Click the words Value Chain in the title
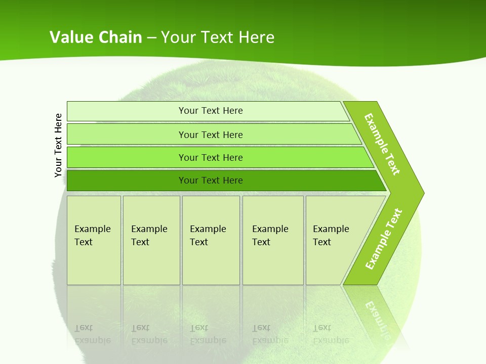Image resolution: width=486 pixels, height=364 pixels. (96, 37)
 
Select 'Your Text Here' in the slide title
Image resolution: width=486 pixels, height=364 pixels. (218, 37)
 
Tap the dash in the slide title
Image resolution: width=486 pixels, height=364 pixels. (151, 38)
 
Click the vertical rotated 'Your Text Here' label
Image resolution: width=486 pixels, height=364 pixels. (59, 146)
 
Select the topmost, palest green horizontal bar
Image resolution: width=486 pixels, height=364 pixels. (127, 111)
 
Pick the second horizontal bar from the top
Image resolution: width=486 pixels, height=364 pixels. (127, 134)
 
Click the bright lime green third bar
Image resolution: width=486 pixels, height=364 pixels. (127, 157)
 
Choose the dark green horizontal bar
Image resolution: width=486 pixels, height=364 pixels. (127, 180)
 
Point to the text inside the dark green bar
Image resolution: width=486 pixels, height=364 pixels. (211, 180)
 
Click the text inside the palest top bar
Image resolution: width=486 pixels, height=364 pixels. (211, 111)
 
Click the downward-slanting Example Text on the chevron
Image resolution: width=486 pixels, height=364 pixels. (382, 144)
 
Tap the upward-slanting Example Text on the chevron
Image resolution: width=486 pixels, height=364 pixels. (384, 239)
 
